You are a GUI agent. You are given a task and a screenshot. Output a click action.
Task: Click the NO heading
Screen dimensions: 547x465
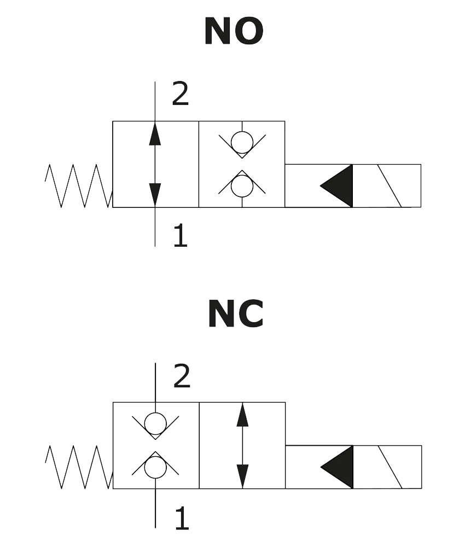[x=234, y=32]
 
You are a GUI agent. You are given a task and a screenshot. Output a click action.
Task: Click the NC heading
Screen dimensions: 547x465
[x=234, y=315]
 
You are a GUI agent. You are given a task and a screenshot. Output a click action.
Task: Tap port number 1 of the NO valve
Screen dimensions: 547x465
[x=179, y=236]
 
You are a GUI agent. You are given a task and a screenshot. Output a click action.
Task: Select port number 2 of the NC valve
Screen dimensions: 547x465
[x=182, y=376]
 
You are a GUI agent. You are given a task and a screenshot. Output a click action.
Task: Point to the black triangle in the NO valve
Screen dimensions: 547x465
[x=338, y=186]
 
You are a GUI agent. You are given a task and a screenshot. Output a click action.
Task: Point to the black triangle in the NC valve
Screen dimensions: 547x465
[x=338, y=467]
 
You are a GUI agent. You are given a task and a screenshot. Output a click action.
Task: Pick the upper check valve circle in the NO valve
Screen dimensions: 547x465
[x=242, y=142]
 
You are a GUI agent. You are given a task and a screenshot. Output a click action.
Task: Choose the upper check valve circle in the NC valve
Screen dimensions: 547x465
[x=155, y=422]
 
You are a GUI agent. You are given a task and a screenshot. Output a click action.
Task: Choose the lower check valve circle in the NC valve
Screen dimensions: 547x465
[x=155, y=467]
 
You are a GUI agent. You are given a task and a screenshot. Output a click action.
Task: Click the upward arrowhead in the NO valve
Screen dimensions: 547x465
[x=155, y=135]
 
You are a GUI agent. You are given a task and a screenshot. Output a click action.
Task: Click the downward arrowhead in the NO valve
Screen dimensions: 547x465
[x=155, y=194]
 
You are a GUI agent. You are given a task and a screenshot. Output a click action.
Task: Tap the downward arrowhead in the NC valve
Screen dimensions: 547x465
[x=242, y=475]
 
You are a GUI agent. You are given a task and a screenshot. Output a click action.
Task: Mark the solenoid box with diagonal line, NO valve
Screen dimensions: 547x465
[x=388, y=186]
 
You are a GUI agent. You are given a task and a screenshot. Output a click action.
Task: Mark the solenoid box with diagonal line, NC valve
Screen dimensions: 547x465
[x=388, y=467]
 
